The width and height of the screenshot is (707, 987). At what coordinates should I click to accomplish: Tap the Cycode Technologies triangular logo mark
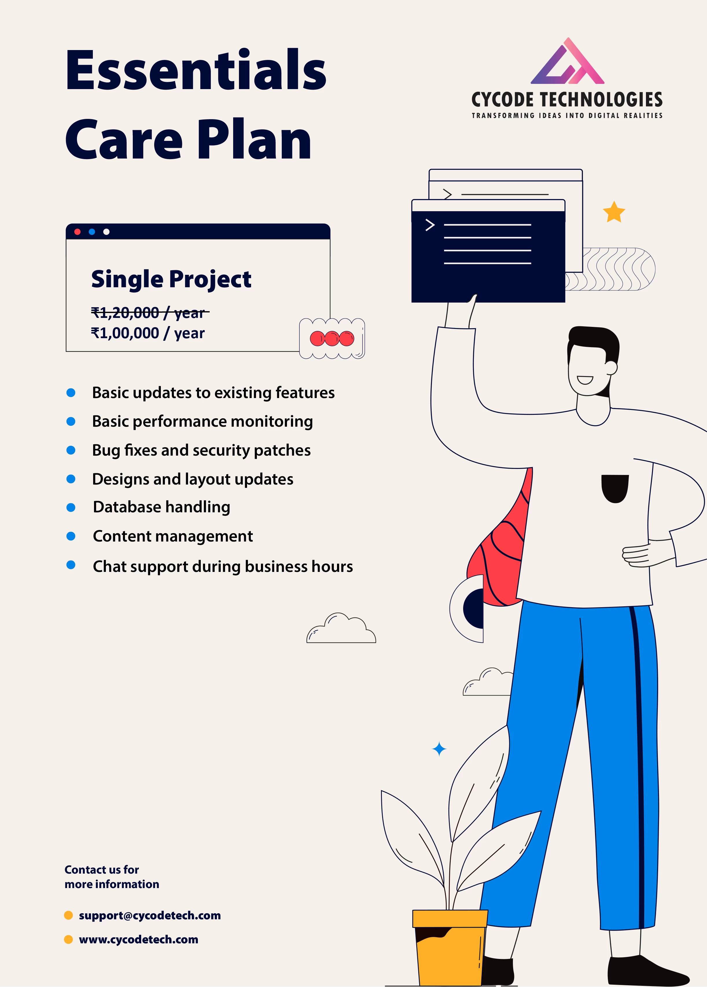click(x=567, y=61)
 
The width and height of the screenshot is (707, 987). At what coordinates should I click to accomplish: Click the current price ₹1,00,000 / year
click(x=148, y=333)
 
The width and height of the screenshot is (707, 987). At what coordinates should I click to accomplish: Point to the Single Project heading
click(x=171, y=279)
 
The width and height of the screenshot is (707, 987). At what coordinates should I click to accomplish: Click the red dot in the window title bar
click(x=78, y=231)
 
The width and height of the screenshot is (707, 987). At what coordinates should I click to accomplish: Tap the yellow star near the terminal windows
click(x=614, y=212)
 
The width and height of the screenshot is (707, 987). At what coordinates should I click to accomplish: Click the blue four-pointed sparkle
click(x=439, y=749)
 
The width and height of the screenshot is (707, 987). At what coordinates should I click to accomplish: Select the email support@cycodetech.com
click(x=150, y=915)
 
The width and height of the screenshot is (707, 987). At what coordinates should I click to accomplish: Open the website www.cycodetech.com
click(x=138, y=939)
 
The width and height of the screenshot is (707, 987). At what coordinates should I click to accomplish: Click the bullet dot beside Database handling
click(x=71, y=507)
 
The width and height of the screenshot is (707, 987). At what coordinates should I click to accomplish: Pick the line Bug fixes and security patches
click(x=201, y=450)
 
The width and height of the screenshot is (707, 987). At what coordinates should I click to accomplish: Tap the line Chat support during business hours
click(x=223, y=567)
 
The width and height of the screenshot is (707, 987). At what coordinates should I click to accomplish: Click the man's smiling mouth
click(x=585, y=380)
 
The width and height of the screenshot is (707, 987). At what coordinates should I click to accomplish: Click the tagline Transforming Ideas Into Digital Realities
click(x=567, y=115)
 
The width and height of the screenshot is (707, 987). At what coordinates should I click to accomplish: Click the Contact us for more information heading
click(x=112, y=876)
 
